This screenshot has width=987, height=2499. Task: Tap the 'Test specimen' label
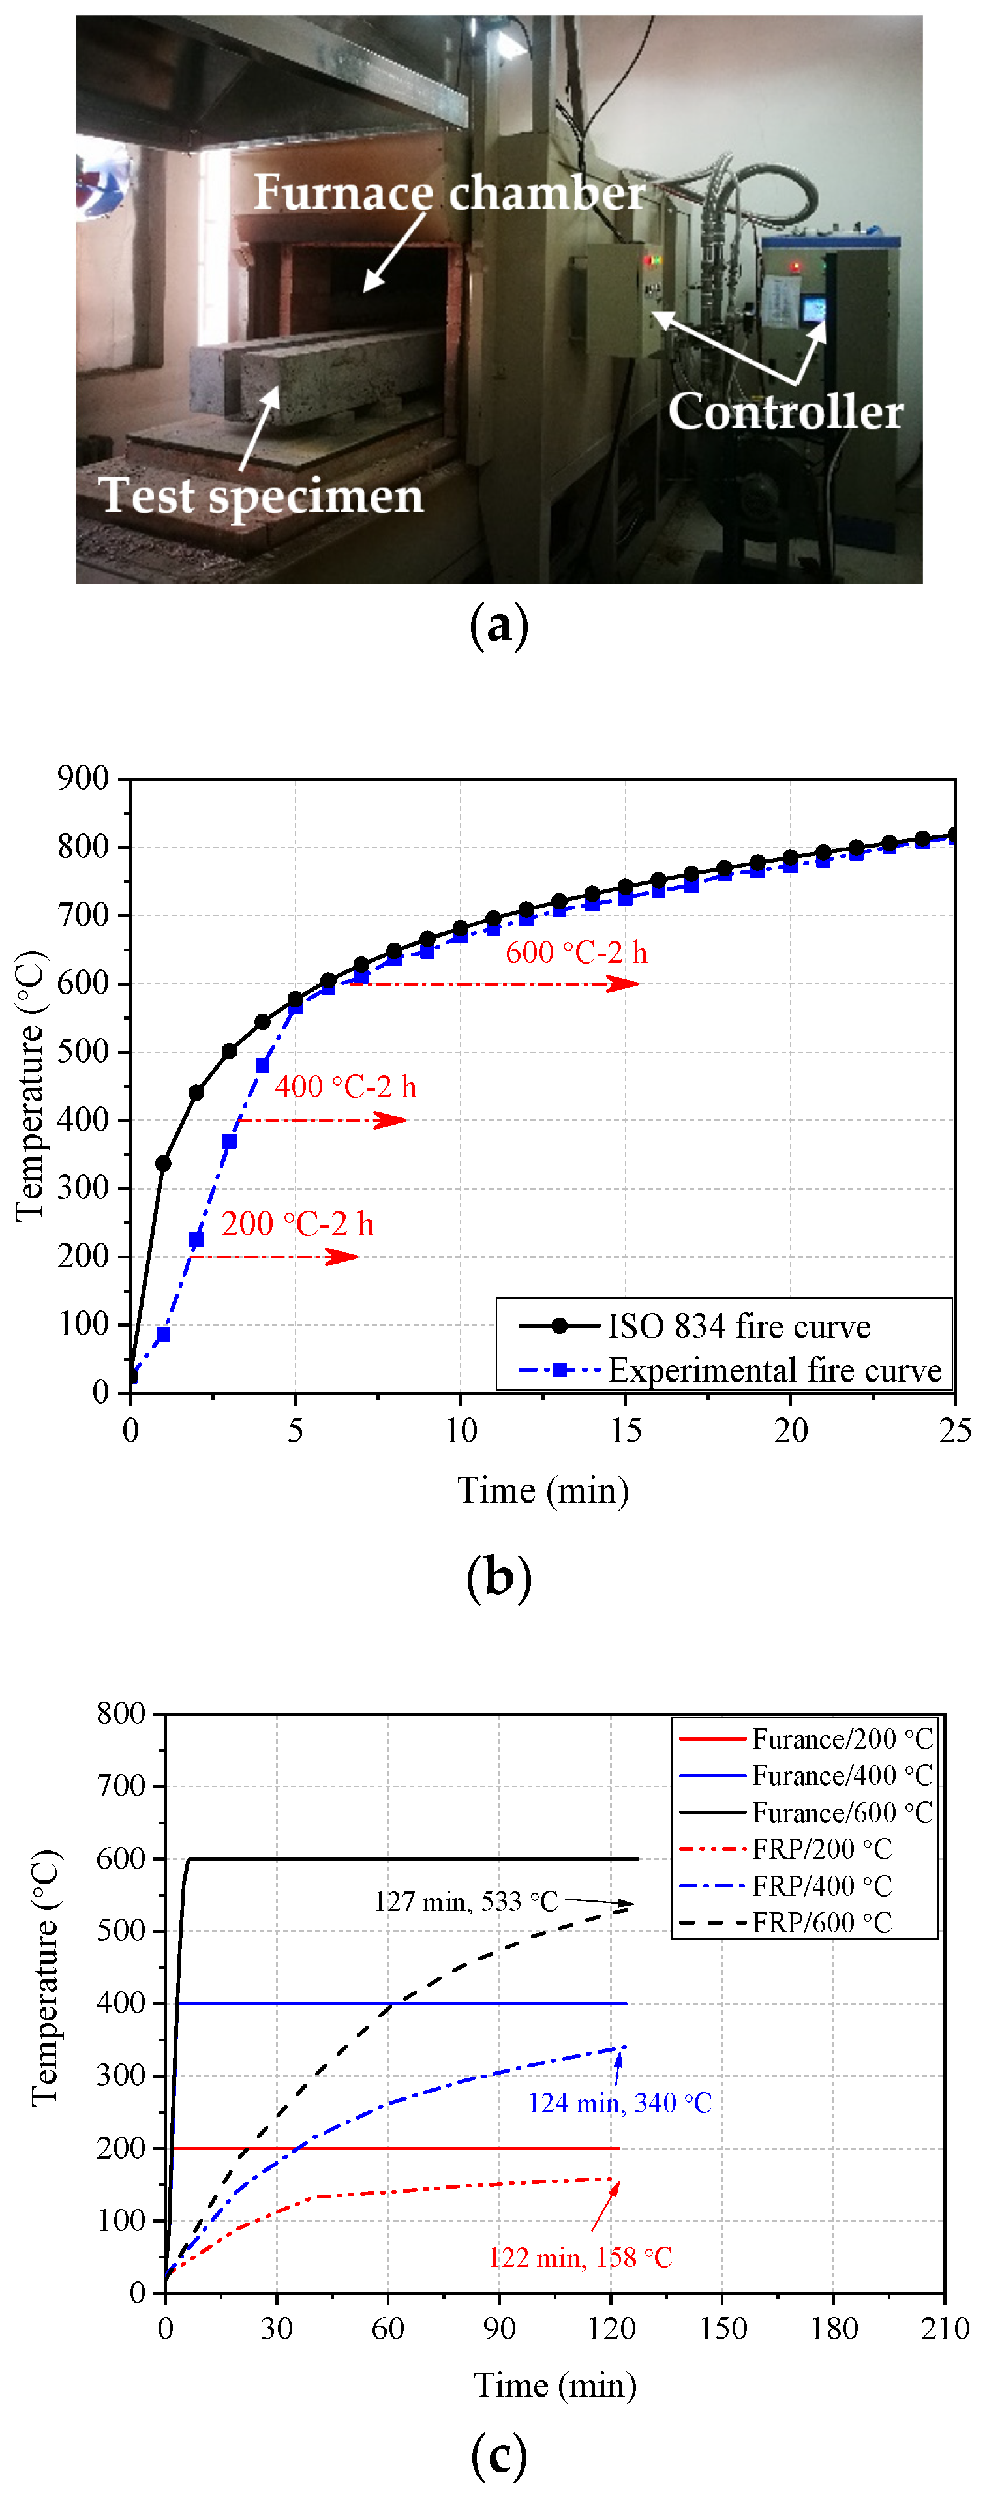point(261,495)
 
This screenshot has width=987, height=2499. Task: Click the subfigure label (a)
point(499,625)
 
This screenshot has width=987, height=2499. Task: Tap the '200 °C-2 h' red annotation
point(297,1224)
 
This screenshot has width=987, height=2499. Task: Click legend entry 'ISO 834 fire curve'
point(738,1326)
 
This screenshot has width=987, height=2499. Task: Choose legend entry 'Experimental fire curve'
point(774,1370)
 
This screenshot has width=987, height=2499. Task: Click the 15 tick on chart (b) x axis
point(625,1430)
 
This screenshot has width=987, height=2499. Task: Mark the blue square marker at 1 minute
point(163,1335)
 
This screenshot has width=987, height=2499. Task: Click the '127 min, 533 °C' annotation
point(465,1901)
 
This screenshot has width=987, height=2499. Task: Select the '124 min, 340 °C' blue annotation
point(619,2103)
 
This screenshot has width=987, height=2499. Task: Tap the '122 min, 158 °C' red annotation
point(579,2257)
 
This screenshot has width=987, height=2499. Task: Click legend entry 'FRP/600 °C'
point(821,1922)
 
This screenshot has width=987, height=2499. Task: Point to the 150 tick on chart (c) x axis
point(722,2328)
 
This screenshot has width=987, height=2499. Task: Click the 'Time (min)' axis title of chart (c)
point(554,2386)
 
